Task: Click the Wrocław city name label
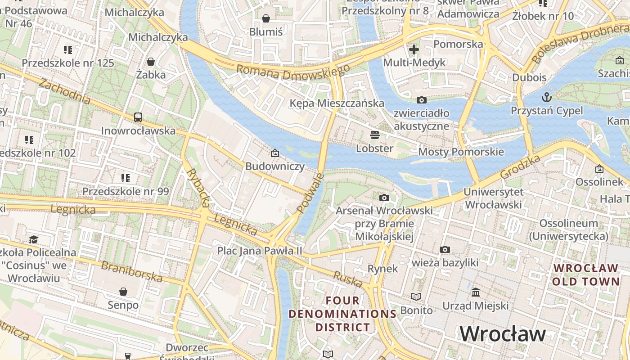502,334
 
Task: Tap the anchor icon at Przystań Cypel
546,97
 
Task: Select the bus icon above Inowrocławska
138,117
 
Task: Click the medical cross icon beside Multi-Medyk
414,49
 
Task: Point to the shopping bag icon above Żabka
151,61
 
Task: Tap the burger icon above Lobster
374,135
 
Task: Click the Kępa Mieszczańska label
337,103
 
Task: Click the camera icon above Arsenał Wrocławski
384,198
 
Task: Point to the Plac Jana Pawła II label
260,250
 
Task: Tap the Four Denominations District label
342,314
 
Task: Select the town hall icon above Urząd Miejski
475,292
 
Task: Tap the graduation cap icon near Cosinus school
33,239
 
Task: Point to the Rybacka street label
198,188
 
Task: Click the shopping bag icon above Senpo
123,292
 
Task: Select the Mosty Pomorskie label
461,152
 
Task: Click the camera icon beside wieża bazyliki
445,249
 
